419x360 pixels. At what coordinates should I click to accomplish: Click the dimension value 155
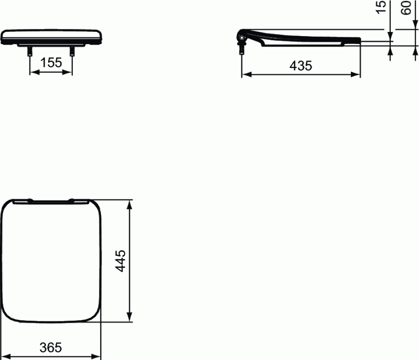51,62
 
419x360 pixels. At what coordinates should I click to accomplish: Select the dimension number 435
301,65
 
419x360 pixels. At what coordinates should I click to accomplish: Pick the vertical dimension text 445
120,260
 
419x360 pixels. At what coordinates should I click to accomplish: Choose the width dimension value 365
51,347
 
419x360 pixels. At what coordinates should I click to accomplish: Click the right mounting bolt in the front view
72,51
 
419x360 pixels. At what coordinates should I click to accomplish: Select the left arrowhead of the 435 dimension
245,75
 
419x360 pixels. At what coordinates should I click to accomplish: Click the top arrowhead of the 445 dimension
129,203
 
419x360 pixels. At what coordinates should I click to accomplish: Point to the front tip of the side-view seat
359,40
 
